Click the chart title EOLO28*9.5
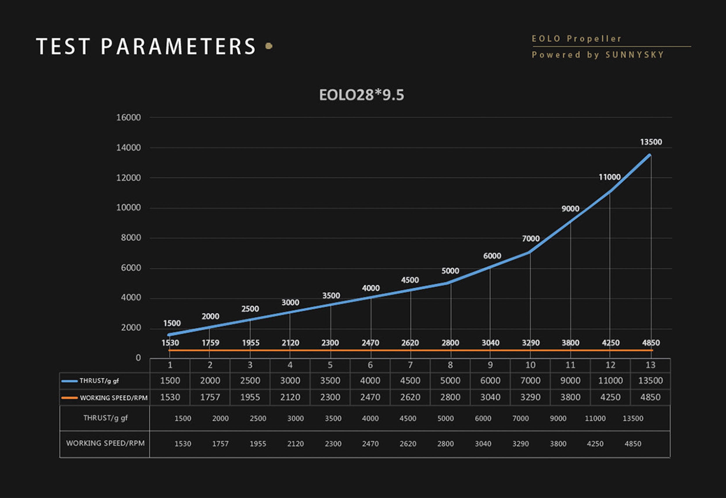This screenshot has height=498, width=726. point(362,95)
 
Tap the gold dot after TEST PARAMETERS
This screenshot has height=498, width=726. point(269,46)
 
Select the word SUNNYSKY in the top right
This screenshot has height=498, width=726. point(635,55)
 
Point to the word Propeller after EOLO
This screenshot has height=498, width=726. point(594,39)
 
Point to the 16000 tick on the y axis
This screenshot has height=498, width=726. point(128,118)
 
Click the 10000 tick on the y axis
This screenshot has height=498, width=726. point(128,207)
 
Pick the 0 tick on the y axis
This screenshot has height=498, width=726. point(138,358)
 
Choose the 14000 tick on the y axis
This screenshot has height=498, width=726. point(128,148)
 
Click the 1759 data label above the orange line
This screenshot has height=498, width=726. point(210,343)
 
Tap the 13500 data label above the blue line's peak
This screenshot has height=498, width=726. point(651,142)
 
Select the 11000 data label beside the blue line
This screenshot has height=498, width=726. point(610,177)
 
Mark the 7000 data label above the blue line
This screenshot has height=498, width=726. point(531,239)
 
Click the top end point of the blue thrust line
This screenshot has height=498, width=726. point(650,155)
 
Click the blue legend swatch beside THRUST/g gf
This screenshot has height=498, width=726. point(69,381)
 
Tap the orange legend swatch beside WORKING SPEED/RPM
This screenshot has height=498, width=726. point(69,398)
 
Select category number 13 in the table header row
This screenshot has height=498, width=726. point(650,365)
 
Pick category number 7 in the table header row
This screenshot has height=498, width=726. point(410,365)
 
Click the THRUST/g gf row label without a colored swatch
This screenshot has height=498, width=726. point(105,418)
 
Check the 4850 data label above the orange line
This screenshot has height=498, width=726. point(651,343)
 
